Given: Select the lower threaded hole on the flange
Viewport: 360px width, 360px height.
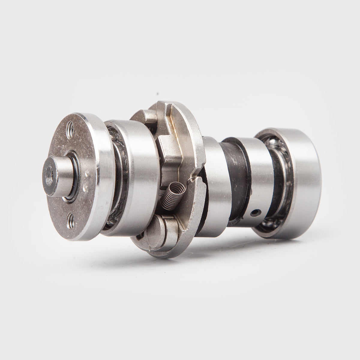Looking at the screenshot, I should click(x=70, y=217).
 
